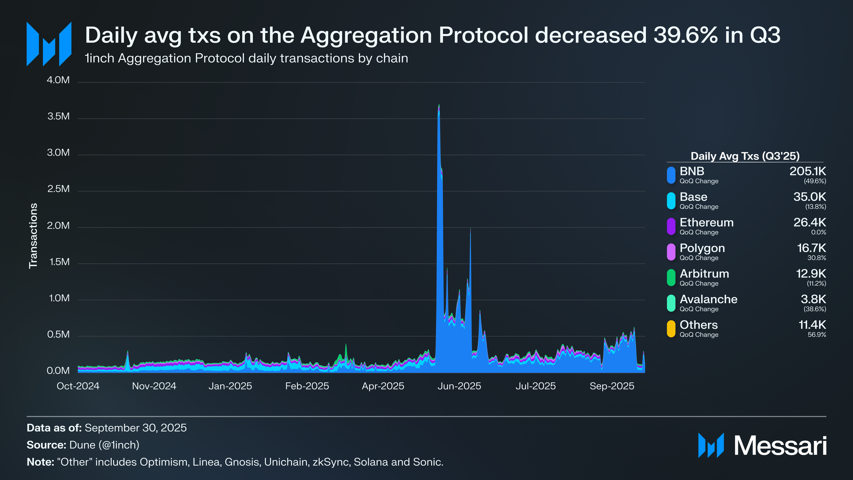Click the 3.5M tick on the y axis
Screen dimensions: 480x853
tap(59, 117)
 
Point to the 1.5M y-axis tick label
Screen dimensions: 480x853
tap(59, 262)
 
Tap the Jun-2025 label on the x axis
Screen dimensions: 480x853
tap(459, 386)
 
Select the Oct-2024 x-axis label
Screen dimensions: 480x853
tap(78, 386)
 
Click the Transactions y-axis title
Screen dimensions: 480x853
tap(33, 236)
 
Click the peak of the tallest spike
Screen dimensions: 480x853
tap(439, 105)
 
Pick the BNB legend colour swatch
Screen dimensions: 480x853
tap(671, 175)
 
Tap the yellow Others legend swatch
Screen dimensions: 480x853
tap(671, 329)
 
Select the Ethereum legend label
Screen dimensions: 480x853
tap(706, 222)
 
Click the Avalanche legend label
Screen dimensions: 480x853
tap(708, 299)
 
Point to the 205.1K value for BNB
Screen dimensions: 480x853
tap(808, 171)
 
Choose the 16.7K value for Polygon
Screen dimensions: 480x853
tap(811, 248)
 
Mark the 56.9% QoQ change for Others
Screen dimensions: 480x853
tap(817, 335)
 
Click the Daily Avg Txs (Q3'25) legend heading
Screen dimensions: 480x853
tap(745, 156)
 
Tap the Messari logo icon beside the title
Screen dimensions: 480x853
tap(49, 44)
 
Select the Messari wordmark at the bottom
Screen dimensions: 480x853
tap(780, 446)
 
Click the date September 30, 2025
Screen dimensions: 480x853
tap(135, 428)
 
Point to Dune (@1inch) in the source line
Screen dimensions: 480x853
tap(104, 445)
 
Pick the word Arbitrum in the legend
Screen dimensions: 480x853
tap(704, 274)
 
